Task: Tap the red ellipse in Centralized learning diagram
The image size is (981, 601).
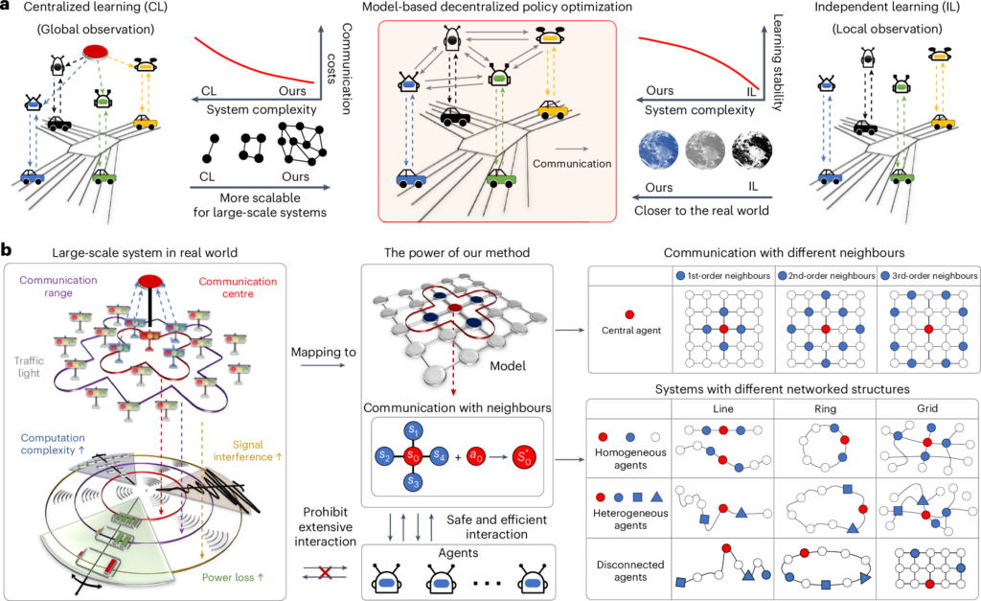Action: pyautogui.click(x=97, y=50)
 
